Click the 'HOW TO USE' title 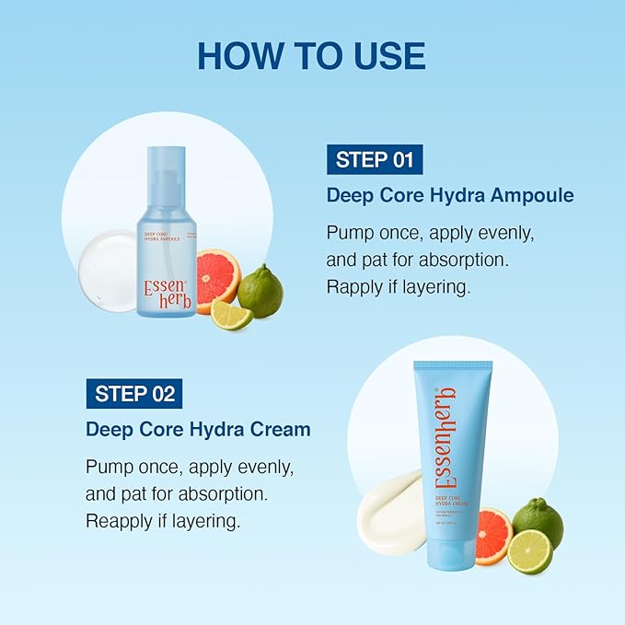pos(311,56)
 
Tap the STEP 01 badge pos(375,159)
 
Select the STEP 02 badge pos(134,394)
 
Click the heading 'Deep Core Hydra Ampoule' pos(450,195)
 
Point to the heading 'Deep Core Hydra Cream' pos(198,430)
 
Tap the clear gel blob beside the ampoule pos(107,259)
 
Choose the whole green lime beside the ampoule pos(261,290)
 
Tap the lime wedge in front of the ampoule pos(230,314)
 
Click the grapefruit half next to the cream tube pos(494,534)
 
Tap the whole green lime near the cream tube pos(538,520)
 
